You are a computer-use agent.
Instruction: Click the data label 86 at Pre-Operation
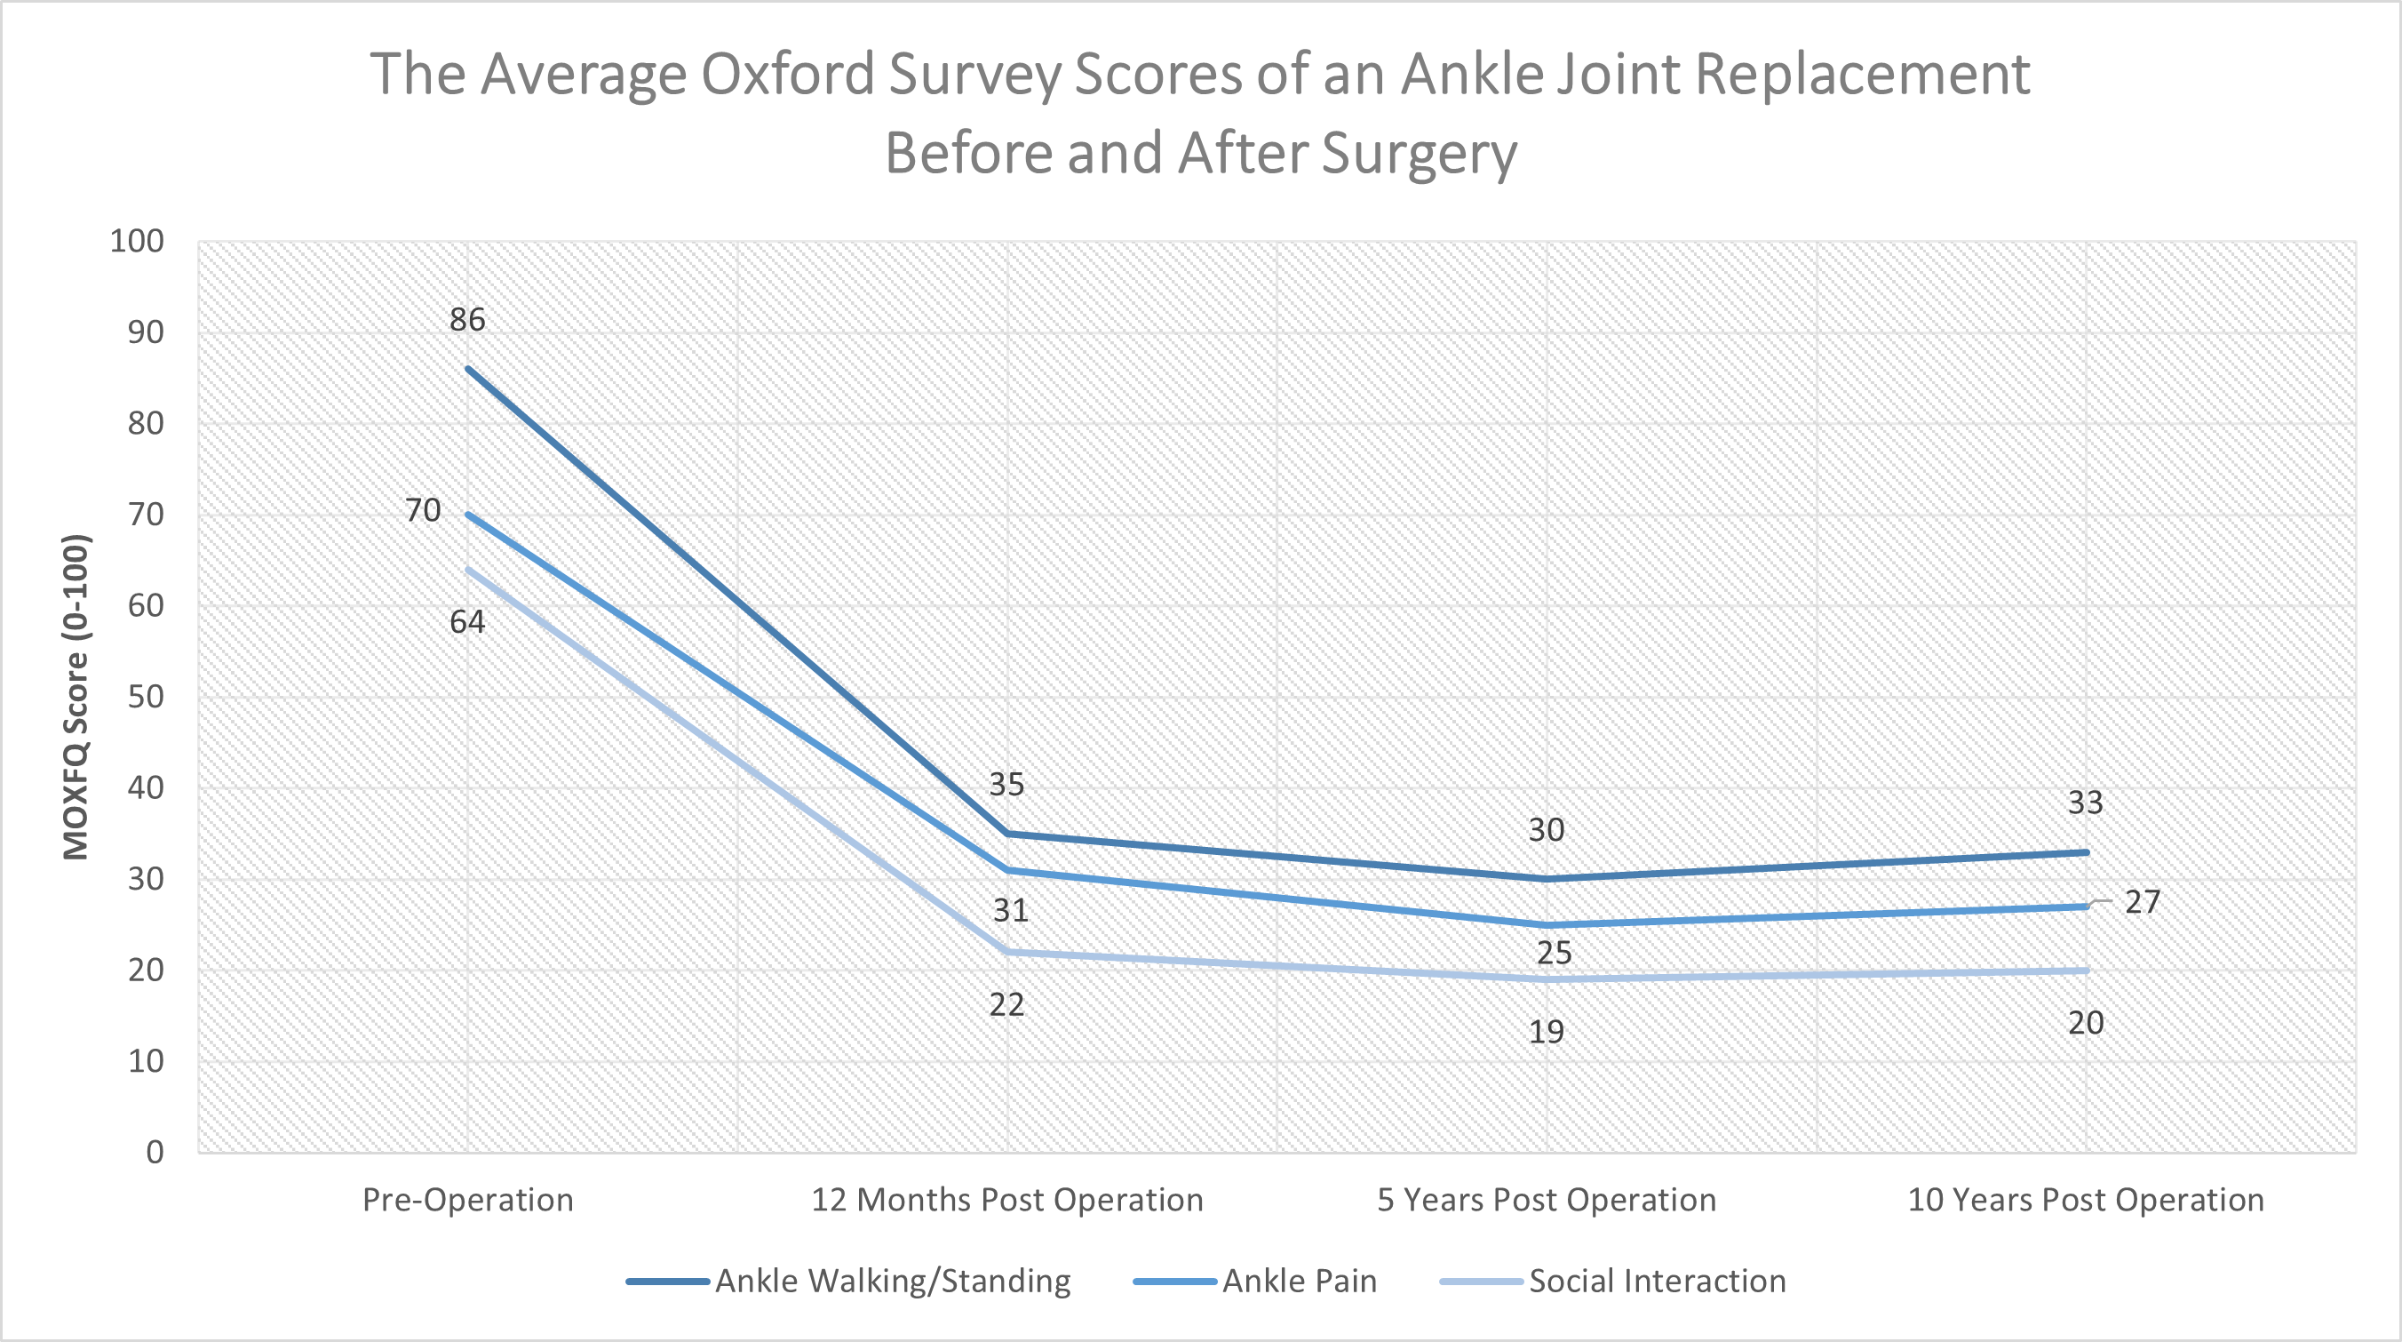coord(467,320)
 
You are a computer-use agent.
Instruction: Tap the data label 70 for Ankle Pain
coord(423,510)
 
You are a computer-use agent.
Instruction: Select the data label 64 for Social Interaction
coord(467,622)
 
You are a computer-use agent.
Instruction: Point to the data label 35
coord(1006,784)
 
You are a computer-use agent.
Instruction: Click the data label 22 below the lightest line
coord(1006,1004)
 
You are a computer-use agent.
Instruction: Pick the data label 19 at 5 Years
coord(1546,1033)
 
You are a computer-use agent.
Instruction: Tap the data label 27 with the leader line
coord(2142,902)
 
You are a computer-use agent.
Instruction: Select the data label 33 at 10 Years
coord(2085,803)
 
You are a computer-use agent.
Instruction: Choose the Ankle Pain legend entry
coord(1298,1282)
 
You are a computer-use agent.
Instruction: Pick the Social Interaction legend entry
coord(1656,1282)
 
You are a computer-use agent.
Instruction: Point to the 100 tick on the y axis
coord(137,242)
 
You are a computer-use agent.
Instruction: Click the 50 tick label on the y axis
coord(146,697)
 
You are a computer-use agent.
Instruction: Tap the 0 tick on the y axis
coord(155,1152)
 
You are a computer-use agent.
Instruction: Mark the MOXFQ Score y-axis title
coord(76,697)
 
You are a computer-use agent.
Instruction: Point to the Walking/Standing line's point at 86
coord(468,370)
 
